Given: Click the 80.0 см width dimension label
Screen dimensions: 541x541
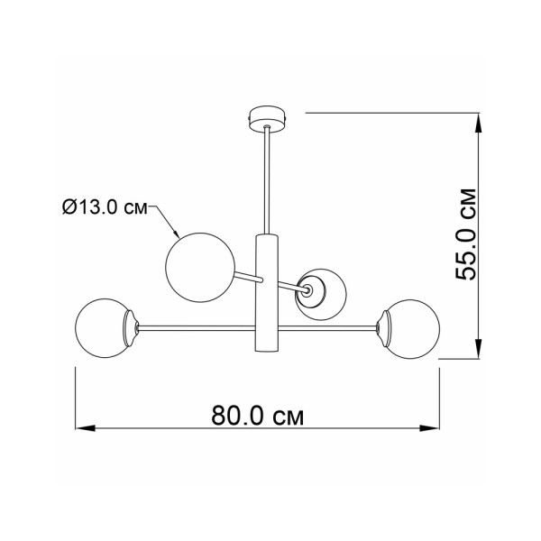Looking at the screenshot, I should point(256,417).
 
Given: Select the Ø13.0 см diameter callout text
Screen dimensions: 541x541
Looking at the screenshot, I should point(105,209).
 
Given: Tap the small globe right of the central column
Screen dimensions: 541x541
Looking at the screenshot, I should point(324,295).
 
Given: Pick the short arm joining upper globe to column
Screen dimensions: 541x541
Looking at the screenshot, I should point(246,277).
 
